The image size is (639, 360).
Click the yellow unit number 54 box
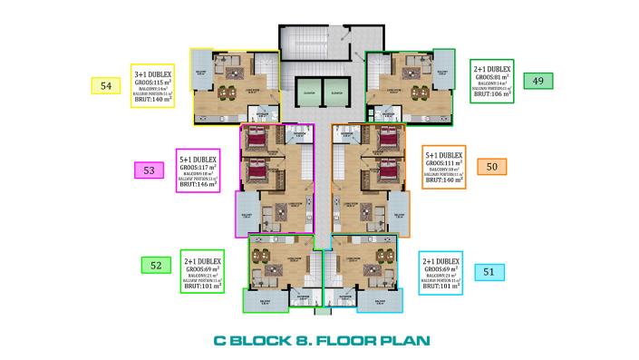coord(106,86)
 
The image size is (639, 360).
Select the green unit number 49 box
coord(538,81)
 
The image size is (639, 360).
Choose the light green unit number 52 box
coord(156,265)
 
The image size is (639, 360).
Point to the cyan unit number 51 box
coord(489,270)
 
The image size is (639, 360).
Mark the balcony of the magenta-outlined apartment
coord(247,214)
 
